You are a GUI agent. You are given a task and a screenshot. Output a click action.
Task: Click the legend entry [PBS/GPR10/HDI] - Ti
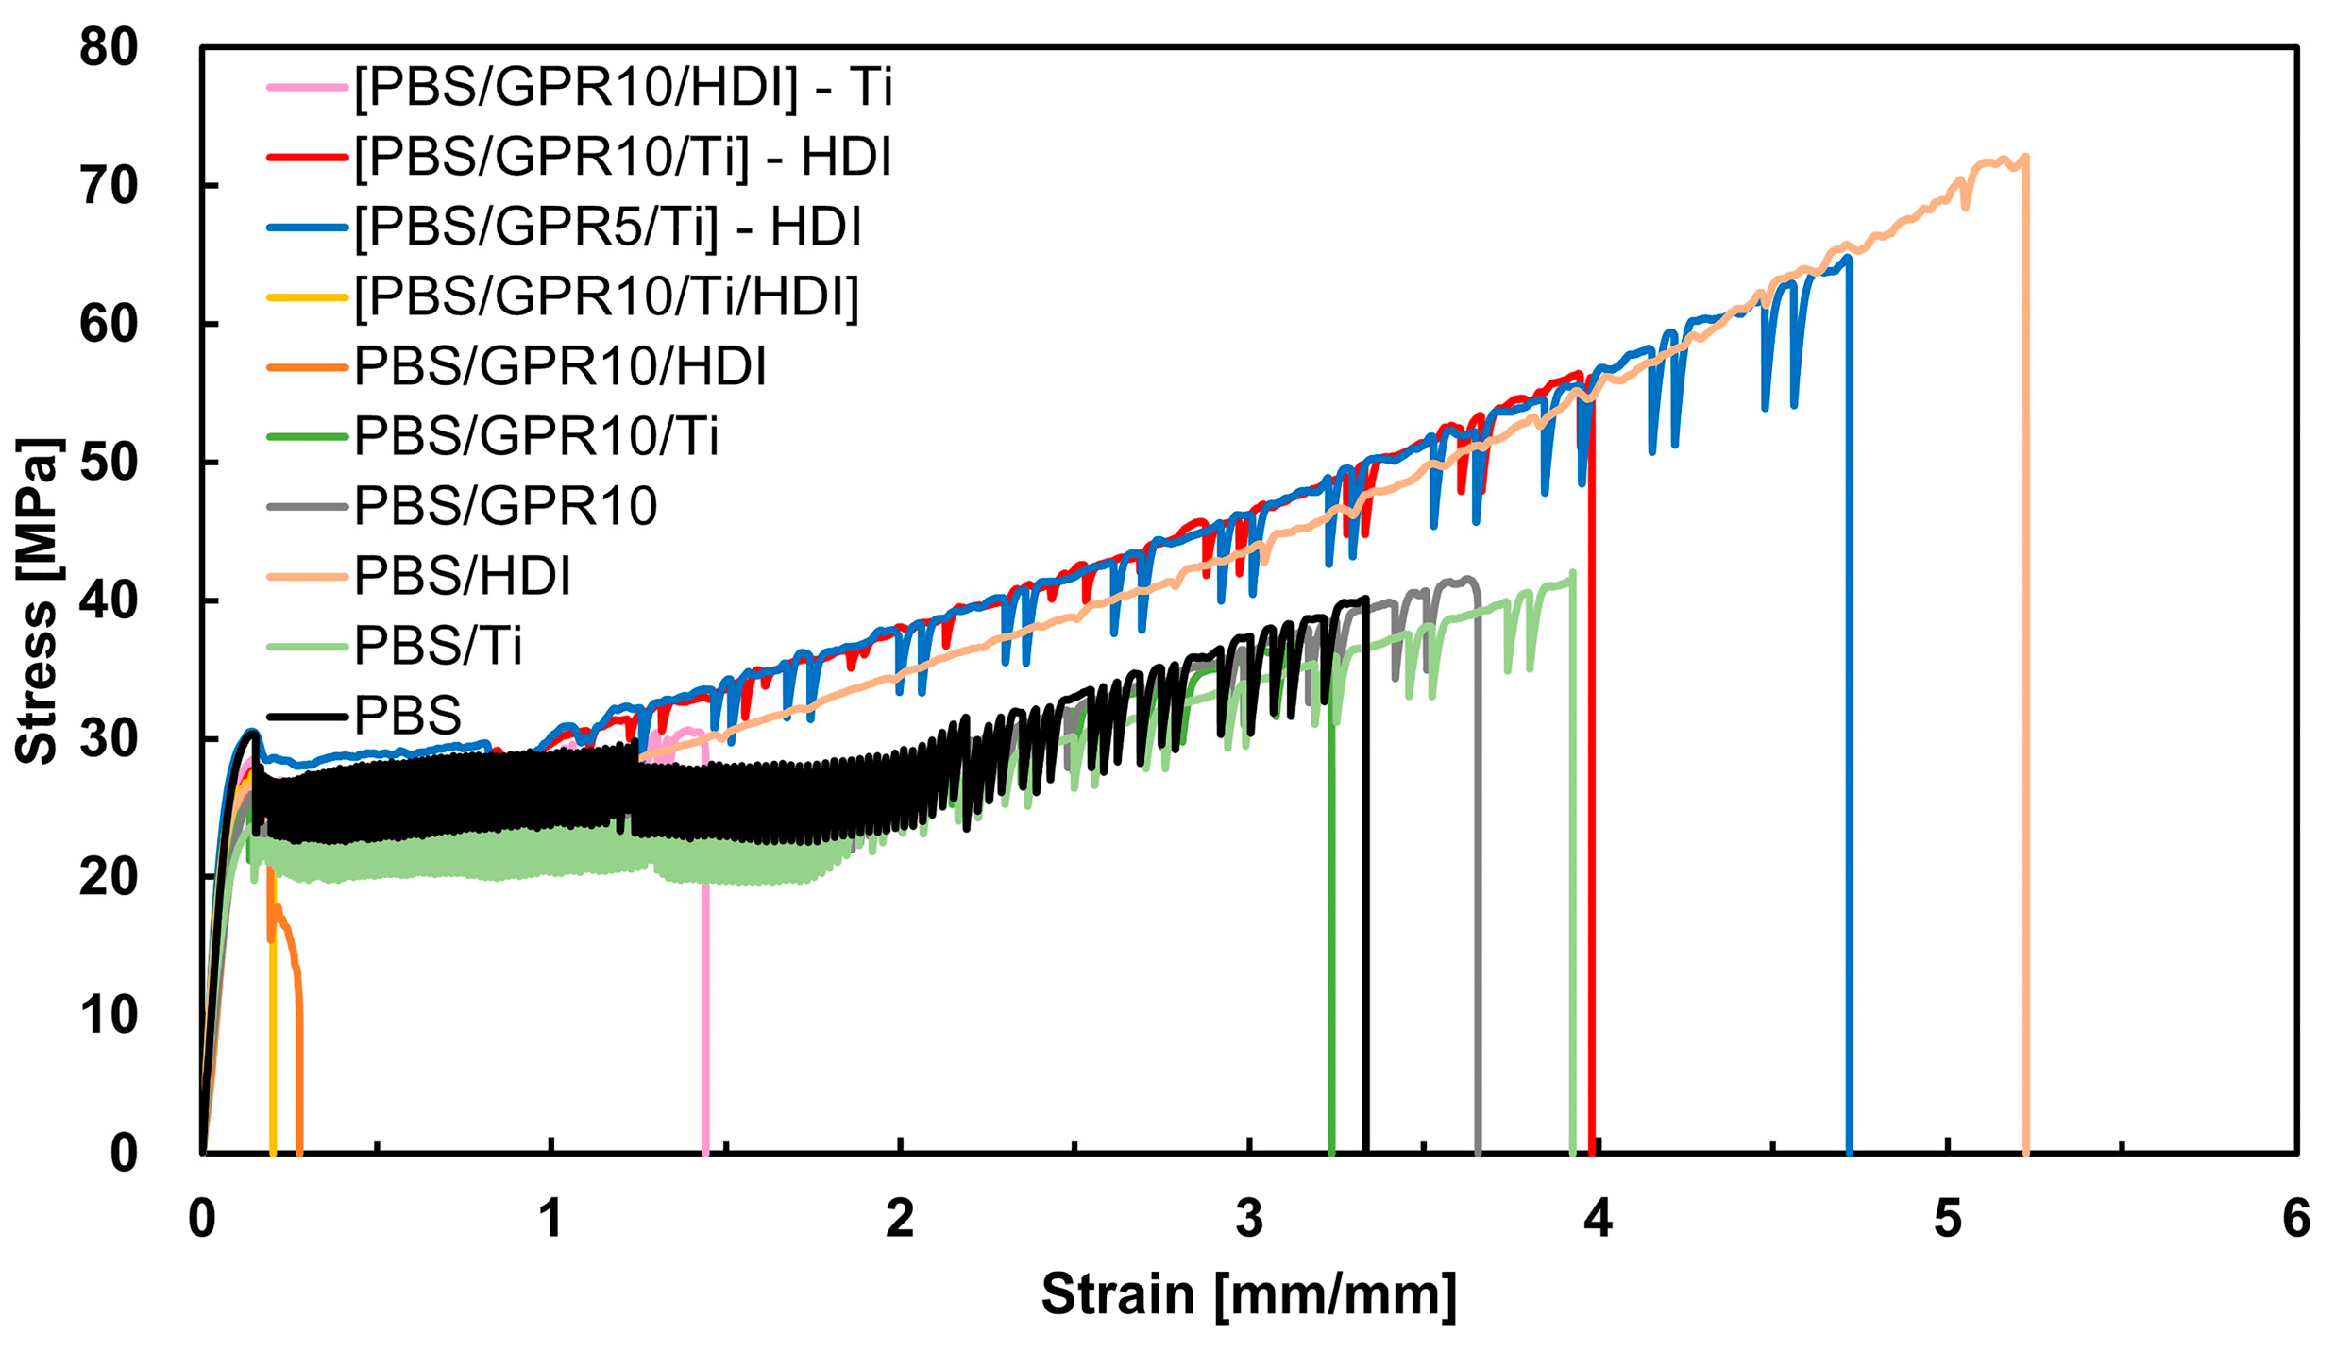(x=623, y=88)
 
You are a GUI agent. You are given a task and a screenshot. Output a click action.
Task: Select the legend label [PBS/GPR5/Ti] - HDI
(x=607, y=228)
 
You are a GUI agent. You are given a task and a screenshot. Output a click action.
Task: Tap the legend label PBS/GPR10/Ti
(x=535, y=437)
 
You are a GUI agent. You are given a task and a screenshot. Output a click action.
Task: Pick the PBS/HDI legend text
(x=462, y=576)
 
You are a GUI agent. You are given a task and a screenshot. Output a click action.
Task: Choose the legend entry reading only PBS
(x=407, y=716)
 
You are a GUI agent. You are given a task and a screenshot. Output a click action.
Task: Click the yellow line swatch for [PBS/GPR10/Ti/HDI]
(x=307, y=297)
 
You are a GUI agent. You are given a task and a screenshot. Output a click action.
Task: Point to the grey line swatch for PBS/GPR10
(x=307, y=507)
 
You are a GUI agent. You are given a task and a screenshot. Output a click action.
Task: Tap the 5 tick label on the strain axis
(x=1947, y=1219)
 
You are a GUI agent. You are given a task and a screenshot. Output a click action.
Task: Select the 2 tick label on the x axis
(x=900, y=1219)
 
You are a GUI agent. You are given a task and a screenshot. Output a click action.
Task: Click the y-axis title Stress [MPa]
(x=38, y=600)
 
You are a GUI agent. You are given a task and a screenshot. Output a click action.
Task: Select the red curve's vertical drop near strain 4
(x=1592, y=802)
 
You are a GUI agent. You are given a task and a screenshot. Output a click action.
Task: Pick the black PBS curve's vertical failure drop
(x=1365, y=897)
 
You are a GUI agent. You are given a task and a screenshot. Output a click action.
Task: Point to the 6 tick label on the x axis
(x=2296, y=1219)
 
